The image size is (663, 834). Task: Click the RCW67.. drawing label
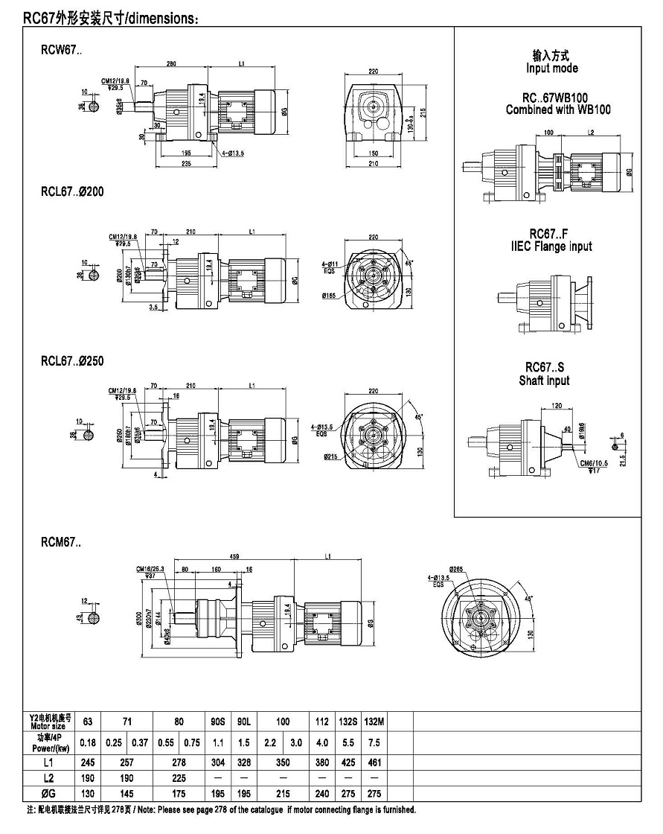click(62, 51)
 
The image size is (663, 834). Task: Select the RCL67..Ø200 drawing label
click(72, 191)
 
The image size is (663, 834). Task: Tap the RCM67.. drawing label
click(61, 542)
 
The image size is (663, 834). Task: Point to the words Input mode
click(551, 69)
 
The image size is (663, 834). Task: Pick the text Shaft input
click(544, 381)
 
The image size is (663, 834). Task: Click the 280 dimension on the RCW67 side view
click(171, 65)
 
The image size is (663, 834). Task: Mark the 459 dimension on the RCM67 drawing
click(234, 557)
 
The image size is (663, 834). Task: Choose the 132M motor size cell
click(375, 721)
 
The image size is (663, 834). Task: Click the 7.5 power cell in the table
click(375, 742)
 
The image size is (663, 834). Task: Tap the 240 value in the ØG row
click(322, 793)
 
